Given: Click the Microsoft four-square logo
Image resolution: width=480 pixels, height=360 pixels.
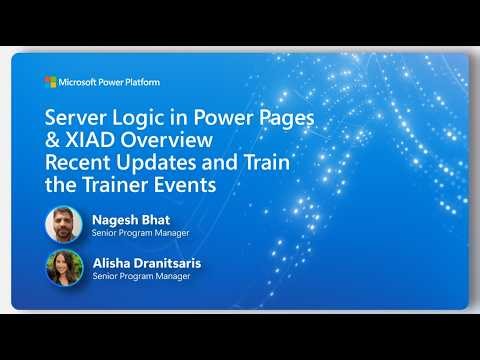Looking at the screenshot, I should [49, 82].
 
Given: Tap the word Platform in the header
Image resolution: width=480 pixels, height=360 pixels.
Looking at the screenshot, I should [141, 82].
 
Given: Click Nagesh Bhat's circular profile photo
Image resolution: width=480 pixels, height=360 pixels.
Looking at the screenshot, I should [64, 224].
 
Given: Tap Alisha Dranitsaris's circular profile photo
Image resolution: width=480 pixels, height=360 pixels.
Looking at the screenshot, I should [64, 267].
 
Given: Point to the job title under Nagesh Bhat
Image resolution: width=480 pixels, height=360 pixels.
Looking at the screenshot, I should [141, 233].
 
